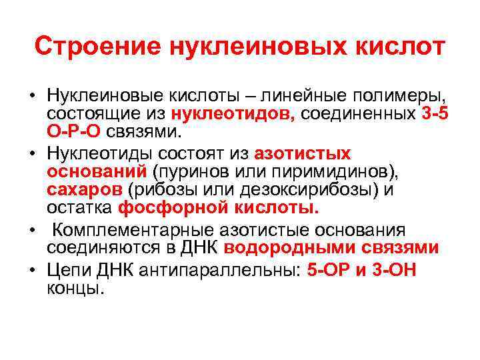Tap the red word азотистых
(x=303, y=154)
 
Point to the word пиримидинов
(x=329, y=171)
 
